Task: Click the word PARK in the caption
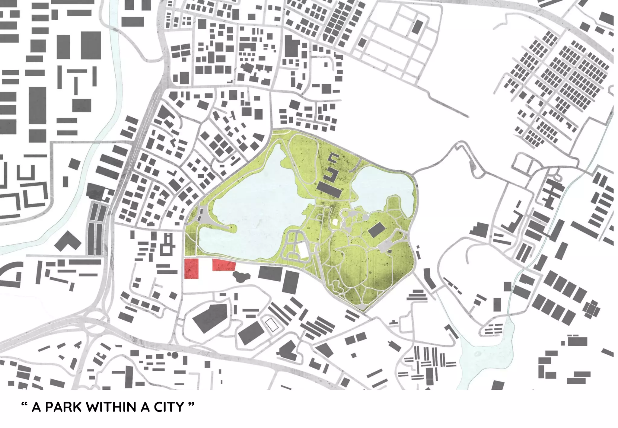63,407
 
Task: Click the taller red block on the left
191,268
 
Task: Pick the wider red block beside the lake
224,265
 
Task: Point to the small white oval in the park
335,223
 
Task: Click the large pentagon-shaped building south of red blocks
211,318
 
